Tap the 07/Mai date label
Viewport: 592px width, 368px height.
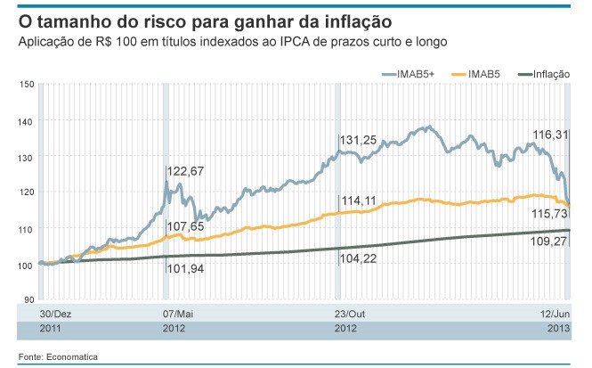pos(178,315)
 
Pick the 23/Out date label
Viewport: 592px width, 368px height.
pos(350,315)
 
